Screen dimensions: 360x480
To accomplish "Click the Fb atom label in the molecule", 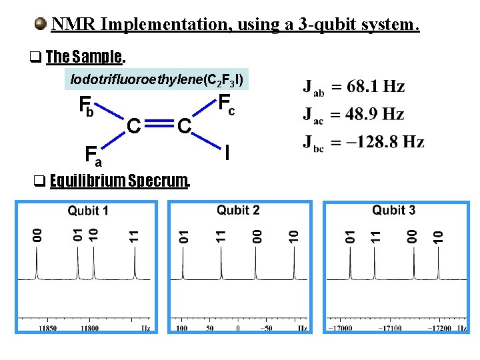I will coord(87,106).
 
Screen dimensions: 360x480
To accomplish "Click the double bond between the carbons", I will coord(160,124).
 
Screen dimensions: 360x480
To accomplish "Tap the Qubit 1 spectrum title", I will coord(88,211).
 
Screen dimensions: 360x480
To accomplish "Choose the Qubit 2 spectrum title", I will coord(238,210).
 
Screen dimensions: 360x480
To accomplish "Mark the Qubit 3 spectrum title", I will coord(393,210).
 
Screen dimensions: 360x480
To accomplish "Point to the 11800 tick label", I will coord(89,328).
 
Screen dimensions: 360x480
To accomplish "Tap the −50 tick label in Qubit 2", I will coord(265,328).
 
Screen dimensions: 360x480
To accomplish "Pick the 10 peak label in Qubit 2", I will coord(292,235).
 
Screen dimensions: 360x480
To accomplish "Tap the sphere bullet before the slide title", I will coord(41,25).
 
